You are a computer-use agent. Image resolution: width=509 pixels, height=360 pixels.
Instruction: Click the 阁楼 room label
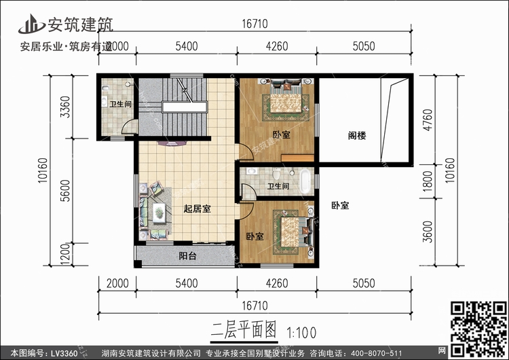tap(357, 135)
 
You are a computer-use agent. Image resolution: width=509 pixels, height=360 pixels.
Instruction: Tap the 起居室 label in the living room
tap(197, 209)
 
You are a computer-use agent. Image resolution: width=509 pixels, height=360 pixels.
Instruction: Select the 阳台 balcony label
tap(188, 257)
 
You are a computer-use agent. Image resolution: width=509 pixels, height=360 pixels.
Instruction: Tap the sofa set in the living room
tap(155, 211)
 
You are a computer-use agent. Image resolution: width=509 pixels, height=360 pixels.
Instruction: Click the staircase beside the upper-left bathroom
tap(183, 102)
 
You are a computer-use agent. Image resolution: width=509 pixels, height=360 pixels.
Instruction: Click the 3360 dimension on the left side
tap(66, 107)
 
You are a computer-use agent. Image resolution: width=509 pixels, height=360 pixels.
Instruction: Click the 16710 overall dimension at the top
tap(255, 23)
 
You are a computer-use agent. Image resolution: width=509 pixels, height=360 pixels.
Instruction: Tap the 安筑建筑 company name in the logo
tap(79, 24)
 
